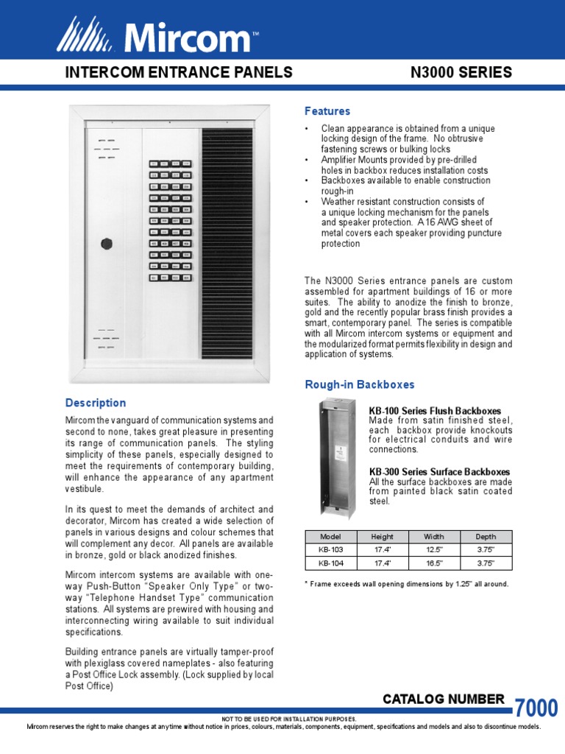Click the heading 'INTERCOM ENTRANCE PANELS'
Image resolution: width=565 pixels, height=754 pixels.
179,72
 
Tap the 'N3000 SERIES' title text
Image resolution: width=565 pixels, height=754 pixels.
460,72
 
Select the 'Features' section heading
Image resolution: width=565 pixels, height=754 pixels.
327,111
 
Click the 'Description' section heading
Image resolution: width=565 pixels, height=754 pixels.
96,403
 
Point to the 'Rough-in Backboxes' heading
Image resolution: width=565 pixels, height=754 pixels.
360,384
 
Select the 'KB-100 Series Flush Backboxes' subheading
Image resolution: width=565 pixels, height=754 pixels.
435,411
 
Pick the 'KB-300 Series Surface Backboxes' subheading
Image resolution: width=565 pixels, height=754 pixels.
439,472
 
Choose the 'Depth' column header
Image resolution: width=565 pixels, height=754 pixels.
486,537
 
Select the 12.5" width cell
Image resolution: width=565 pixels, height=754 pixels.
434,550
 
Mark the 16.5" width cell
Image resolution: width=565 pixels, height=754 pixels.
434,563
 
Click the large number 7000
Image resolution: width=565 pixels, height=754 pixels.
536,708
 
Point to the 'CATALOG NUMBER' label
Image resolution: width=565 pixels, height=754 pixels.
444,700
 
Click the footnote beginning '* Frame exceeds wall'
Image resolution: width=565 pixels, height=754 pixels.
406,584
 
